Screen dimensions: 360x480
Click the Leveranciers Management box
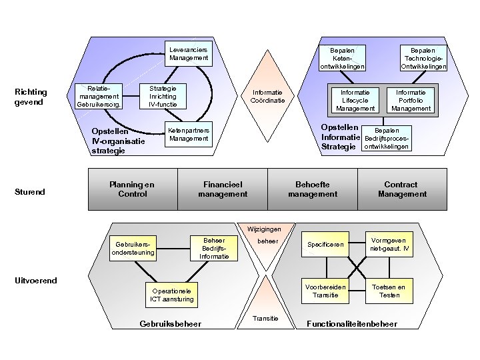[x=189, y=54]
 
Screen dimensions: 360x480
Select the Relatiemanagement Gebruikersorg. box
[x=99, y=96]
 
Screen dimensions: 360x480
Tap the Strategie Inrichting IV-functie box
[x=163, y=96]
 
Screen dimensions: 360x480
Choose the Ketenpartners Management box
[x=189, y=135]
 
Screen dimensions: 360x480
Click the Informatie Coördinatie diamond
[x=267, y=97]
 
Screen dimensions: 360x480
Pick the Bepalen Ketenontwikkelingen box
[x=343, y=58]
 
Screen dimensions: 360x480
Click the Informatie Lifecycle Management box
[x=355, y=101]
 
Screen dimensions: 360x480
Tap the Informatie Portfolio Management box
[x=411, y=101]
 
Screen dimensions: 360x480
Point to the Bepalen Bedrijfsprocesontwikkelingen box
[x=386, y=139]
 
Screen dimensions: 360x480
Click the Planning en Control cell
[x=133, y=189]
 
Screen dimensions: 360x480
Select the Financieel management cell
[x=223, y=189]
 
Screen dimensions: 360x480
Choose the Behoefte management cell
[x=313, y=189]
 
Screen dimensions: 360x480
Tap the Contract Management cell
[x=402, y=189]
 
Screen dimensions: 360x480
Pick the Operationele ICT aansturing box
[x=172, y=295]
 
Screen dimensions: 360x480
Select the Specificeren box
[x=326, y=245]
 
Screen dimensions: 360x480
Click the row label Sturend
[x=30, y=192]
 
